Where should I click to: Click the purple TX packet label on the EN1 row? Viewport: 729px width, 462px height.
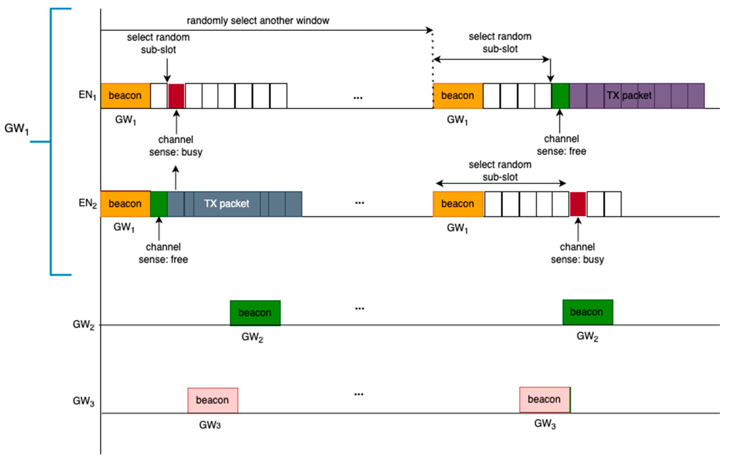click(x=629, y=96)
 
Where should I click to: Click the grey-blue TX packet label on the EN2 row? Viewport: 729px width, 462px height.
click(x=227, y=204)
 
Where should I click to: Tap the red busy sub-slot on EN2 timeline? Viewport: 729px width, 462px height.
click(x=578, y=204)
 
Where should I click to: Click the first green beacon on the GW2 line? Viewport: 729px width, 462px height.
click(x=255, y=313)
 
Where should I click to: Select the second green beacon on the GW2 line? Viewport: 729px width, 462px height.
click(x=588, y=312)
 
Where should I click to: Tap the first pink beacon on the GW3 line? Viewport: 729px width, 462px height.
click(x=212, y=400)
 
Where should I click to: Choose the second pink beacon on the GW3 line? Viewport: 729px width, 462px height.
click(x=545, y=400)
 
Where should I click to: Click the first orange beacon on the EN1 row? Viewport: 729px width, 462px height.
click(x=125, y=96)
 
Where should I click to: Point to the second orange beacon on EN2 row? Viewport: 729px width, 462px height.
click(x=458, y=204)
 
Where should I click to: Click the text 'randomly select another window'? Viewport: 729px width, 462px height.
click(x=258, y=21)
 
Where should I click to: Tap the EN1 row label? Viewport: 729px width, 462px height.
click(x=87, y=95)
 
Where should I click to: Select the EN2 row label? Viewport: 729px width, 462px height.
click(x=87, y=203)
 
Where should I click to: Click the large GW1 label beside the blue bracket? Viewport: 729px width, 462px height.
click(x=16, y=129)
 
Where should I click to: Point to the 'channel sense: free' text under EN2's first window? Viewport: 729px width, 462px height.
click(x=163, y=253)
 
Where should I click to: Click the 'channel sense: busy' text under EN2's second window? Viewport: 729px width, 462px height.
click(x=577, y=253)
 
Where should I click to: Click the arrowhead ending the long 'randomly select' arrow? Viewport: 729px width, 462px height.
click(x=429, y=30)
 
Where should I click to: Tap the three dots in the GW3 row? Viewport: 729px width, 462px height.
click(x=359, y=394)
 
